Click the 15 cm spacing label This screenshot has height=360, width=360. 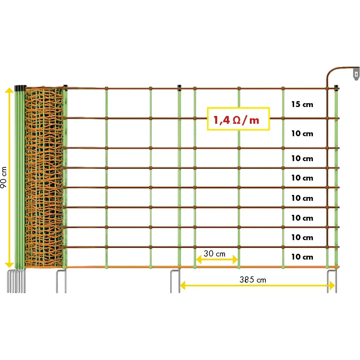pos(302,104)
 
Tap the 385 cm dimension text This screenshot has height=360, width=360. pos(253,280)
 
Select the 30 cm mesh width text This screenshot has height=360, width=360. pos(214,253)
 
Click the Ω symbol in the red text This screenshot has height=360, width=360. pos(237,120)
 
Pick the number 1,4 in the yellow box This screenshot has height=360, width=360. pos(221,120)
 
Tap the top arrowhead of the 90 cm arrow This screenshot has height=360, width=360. pos(9,91)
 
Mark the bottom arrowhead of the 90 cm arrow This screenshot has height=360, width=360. pos(9,265)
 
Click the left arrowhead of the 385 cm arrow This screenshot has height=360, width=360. pos(183,286)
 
